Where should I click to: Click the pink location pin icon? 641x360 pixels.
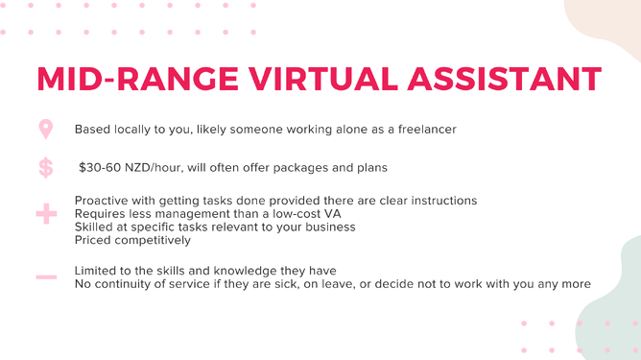[x=46, y=129]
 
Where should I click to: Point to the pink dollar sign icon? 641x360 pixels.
[x=46, y=168]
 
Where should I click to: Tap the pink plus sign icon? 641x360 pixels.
[x=46, y=214]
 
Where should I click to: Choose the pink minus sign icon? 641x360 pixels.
[x=46, y=276]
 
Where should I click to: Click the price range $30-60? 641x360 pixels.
[x=100, y=168]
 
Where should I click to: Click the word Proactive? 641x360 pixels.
[x=105, y=201]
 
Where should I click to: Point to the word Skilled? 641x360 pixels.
[x=96, y=228]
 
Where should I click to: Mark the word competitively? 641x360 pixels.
[x=154, y=241]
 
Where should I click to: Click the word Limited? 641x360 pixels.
[x=98, y=270]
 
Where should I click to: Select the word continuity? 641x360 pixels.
[x=132, y=283]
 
